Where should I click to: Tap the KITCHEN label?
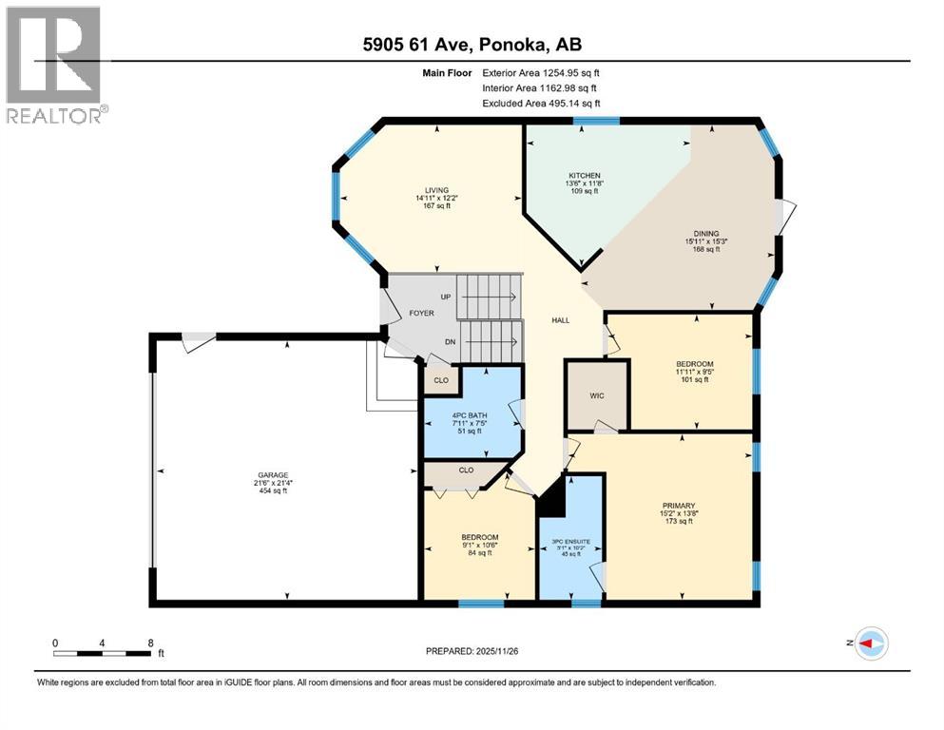(584, 176)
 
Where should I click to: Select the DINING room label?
(705, 233)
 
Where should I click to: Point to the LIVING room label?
(437, 189)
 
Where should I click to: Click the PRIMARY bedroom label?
(679, 506)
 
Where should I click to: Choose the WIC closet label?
(597, 395)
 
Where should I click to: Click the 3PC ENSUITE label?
(570, 541)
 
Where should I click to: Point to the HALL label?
(561, 320)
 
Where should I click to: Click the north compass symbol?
(869, 644)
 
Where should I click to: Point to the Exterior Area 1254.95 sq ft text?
(541, 72)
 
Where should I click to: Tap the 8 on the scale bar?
(150, 642)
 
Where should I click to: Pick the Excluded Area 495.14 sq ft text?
(541, 104)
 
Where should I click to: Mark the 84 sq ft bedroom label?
(479, 553)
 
